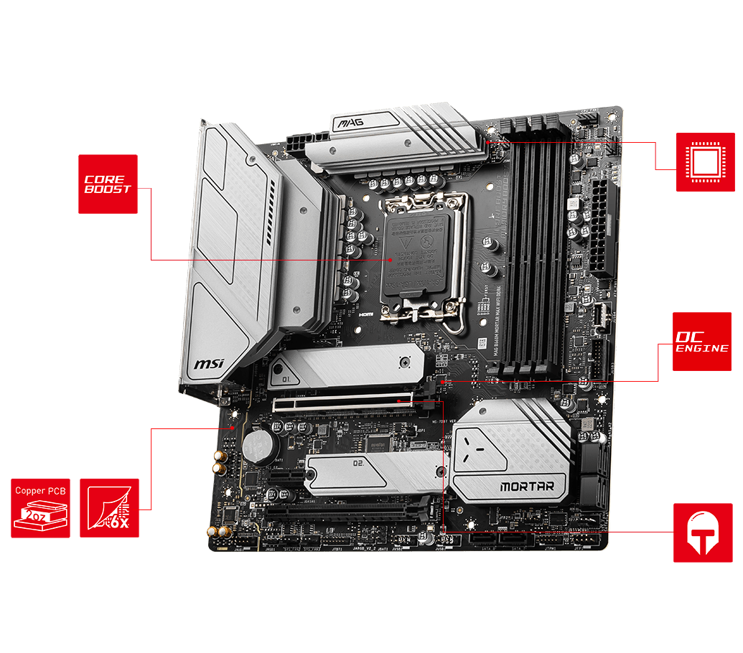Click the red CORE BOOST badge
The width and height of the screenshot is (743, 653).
(x=108, y=184)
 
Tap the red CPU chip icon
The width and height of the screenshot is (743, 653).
(x=704, y=161)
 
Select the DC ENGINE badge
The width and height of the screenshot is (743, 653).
(x=701, y=342)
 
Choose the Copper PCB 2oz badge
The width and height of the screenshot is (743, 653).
(x=40, y=507)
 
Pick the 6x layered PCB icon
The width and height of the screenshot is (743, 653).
(x=109, y=507)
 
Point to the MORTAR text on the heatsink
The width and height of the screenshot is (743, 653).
(x=526, y=487)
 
